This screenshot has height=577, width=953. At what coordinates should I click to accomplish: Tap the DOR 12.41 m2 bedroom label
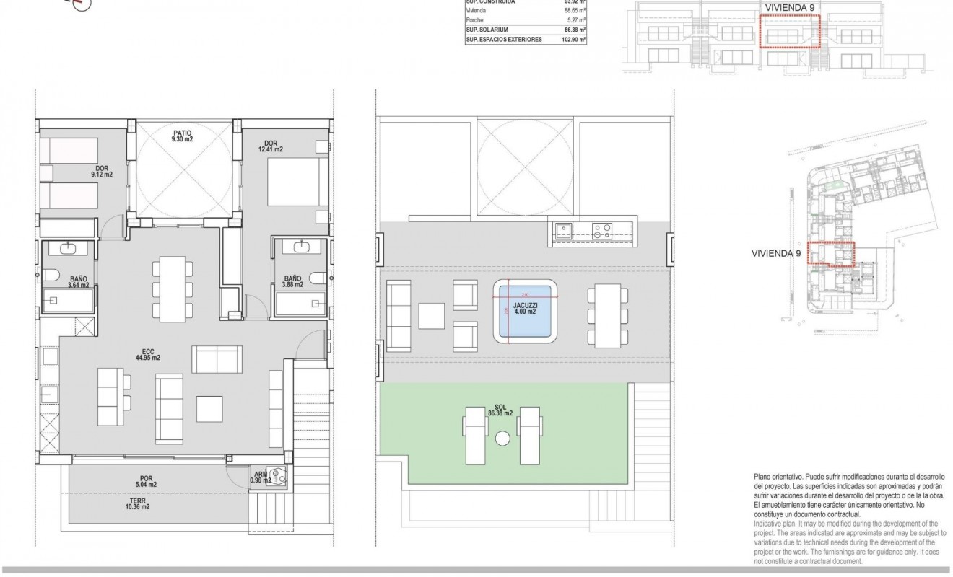pyautogui.click(x=271, y=146)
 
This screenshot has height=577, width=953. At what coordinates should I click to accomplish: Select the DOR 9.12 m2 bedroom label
pyautogui.click(x=101, y=172)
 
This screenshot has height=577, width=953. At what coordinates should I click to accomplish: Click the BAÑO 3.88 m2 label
pyautogui.click(x=292, y=281)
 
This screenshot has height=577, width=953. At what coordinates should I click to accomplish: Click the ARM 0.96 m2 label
pyautogui.click(x=260, y=477)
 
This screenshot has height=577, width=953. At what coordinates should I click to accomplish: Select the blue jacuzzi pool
pyautogui.click(x=526, y=312)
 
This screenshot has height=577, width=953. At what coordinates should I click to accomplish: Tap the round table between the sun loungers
pyautogui.click(x=502, y=436)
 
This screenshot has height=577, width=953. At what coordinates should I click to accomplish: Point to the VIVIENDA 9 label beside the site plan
pyautogui.click(x=776, y=254)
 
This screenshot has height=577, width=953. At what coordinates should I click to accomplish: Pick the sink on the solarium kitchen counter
pyautogui.click(x=563, y=232)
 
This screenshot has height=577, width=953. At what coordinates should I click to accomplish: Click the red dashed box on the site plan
pyautogui.click(x=830, y=255)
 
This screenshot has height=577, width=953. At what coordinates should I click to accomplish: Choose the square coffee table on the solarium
pyautogui.click(x=431, y=315)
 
